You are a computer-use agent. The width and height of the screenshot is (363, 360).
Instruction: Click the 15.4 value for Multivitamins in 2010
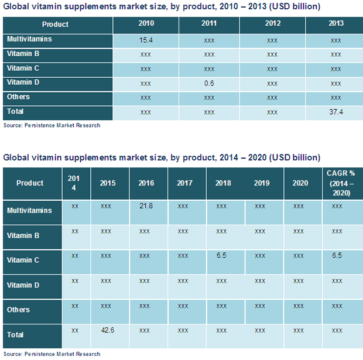point(146,40)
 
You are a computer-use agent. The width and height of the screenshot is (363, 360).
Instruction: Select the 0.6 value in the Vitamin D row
point(209,83)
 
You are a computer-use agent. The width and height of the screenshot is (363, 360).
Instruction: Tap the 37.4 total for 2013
point(335,112)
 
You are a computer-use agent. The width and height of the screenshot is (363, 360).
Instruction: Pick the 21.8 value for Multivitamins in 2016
point(146,207)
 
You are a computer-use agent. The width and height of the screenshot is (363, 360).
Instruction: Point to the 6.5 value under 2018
point(221,256)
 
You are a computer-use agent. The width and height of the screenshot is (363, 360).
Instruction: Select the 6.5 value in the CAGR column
point(336,256)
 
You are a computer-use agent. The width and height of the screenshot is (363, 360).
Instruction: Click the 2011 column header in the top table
point(209,24)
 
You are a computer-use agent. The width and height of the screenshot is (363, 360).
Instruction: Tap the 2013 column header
point(335,24)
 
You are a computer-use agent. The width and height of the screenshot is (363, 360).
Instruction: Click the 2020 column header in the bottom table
point(300,183)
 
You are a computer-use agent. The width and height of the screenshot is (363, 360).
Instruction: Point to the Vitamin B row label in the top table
point(23,54)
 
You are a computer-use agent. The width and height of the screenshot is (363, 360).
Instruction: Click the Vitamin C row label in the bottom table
point(23,260)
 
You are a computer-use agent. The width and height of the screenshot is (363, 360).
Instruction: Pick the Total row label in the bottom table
point(15,335)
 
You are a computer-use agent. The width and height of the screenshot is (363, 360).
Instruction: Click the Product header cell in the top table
point(55,25)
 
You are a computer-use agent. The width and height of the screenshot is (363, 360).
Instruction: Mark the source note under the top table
point(52,125)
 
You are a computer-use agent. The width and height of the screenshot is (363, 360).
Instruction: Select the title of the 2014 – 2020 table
point(162,157)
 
